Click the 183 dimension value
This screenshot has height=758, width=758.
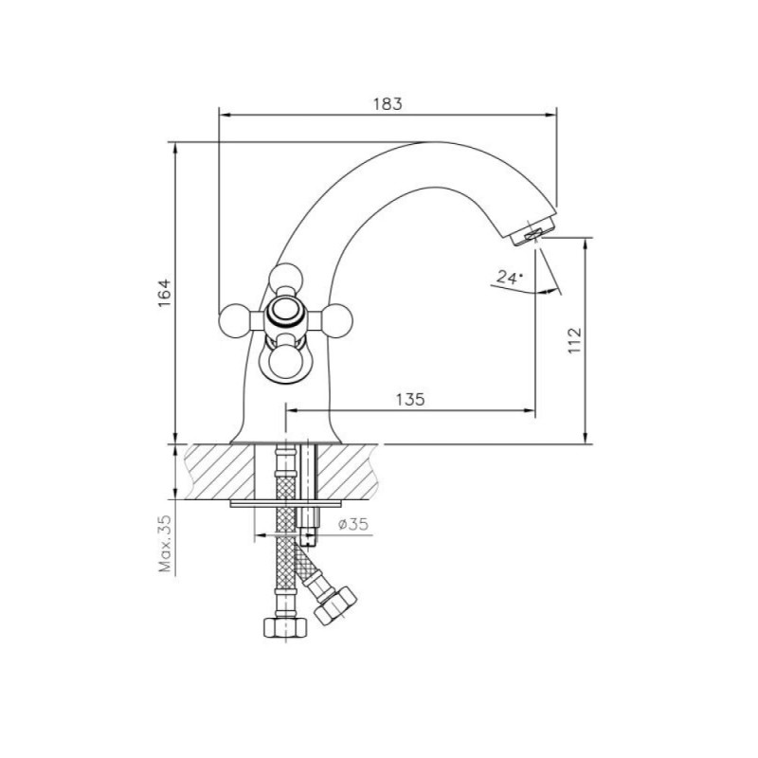click(388, 103)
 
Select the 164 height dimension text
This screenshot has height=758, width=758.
click(165, 293)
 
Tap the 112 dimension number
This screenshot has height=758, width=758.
click(574, 340)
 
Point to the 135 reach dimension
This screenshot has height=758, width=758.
click(410, 399)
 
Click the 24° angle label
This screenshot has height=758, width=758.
click(510, 277)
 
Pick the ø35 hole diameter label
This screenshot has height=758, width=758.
click(353, 524)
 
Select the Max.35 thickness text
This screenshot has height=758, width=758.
click(165, 544)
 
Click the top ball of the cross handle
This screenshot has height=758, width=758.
click(286, 280)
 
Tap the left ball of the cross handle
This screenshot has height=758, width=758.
click(235, 319)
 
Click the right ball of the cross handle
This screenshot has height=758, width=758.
click(336, 319)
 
